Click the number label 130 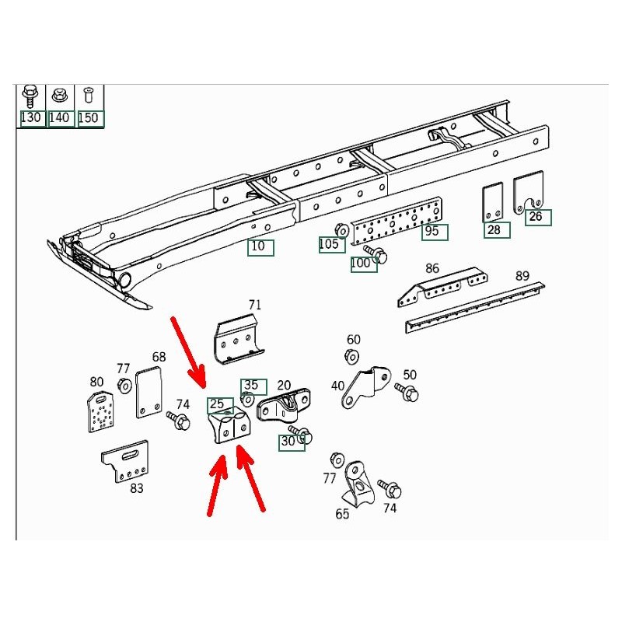click(30, 118)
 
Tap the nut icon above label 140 click(60, 96)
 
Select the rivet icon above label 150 click(88, 96)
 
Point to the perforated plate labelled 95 click(397, 222)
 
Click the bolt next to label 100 click(375, 254)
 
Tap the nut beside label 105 click(341, 229)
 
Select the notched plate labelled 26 click(529, 190)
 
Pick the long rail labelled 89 click(475, 308)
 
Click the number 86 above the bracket click(432, 268)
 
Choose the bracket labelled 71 click(239, 338)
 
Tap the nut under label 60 click(352, 356)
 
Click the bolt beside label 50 click(407, 392)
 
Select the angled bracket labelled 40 click(365, 387)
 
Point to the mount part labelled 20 click(283, 404)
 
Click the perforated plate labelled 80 click(100, 412)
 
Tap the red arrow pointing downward click(187, 352)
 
